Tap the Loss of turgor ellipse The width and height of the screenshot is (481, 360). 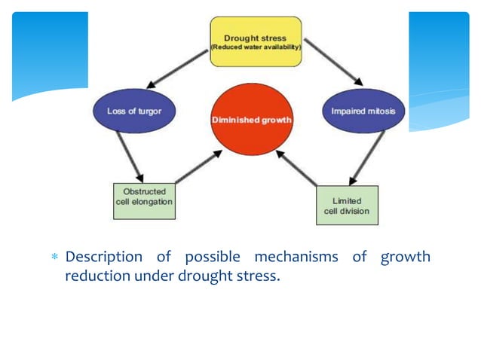(x=135, y=111)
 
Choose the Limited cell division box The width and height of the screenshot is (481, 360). (x=346, y=206)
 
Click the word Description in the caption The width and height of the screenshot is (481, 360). (x=103, y=258)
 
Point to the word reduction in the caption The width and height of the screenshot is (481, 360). (x=97, y=276)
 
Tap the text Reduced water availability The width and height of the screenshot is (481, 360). (x=255, y=47)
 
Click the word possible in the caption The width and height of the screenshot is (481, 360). (x=207, y=258)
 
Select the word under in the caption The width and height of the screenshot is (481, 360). (x=155, y=276)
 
